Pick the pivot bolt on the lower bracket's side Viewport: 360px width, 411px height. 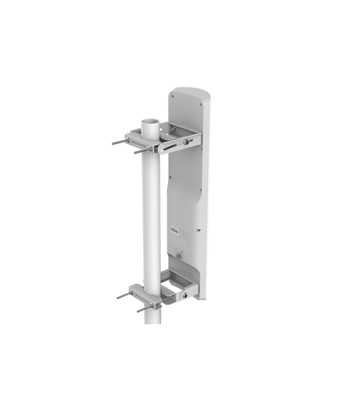click(184, 295)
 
